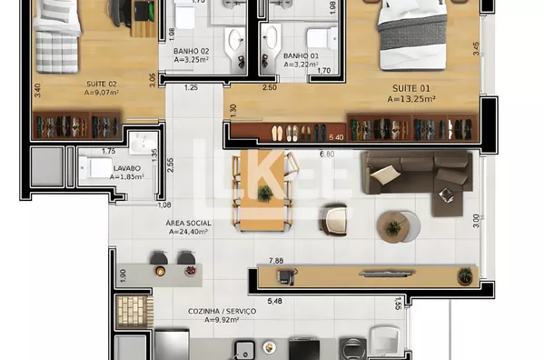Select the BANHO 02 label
pos(191,52)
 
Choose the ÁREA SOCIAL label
pos(188,222)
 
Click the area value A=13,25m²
pos(411,99)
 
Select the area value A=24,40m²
pos(188,231)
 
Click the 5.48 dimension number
pos(275,300)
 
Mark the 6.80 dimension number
pos(327,154)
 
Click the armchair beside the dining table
pos(334,218)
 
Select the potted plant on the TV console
pos(465,274)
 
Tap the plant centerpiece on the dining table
pos(264,193)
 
